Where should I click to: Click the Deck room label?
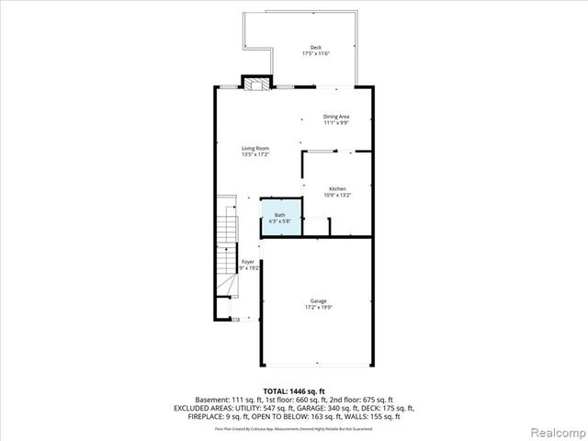315,47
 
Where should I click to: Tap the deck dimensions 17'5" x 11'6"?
315,54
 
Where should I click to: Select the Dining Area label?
336,116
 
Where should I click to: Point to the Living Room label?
255,148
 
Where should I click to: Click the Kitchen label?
337,188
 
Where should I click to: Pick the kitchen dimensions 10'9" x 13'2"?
337,195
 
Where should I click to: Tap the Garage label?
319,301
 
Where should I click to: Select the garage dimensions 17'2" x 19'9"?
319,308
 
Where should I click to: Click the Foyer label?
248,262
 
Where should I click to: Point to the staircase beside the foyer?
226,248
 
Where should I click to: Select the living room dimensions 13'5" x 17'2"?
255,155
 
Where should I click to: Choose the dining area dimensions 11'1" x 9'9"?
336,123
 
